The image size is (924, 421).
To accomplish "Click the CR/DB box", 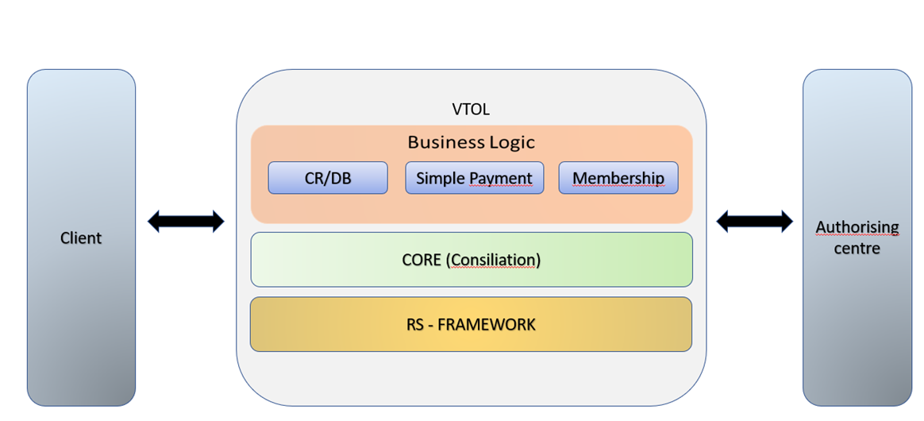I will click(x=328, y=178).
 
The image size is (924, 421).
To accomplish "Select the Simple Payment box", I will click(x=474, y=178).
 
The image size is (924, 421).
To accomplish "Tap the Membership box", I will click(x=618, y=178).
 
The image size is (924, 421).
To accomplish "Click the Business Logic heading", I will click(x=471, y=142).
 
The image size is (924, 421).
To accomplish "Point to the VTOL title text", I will click(x=471, y=110).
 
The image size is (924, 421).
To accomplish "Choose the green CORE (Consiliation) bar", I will click(x=471, y=260).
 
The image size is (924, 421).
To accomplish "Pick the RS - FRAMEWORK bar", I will click(x=471, y=324).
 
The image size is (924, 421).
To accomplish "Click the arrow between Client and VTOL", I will click(x=186, y=222).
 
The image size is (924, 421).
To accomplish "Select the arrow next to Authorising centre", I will click(x=754, y=222).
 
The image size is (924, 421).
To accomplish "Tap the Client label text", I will click(x=81, y=238).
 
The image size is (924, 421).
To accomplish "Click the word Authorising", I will click(x=857, y=228).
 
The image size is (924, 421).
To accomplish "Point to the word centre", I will click(x=857, y=249).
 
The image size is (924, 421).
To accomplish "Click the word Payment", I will click(x=500, y=178).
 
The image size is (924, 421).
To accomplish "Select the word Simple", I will click(x=441, y=178).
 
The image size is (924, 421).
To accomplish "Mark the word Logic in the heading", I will click(x=512, y=142).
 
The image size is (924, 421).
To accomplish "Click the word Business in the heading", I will click(x=446, y=142).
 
